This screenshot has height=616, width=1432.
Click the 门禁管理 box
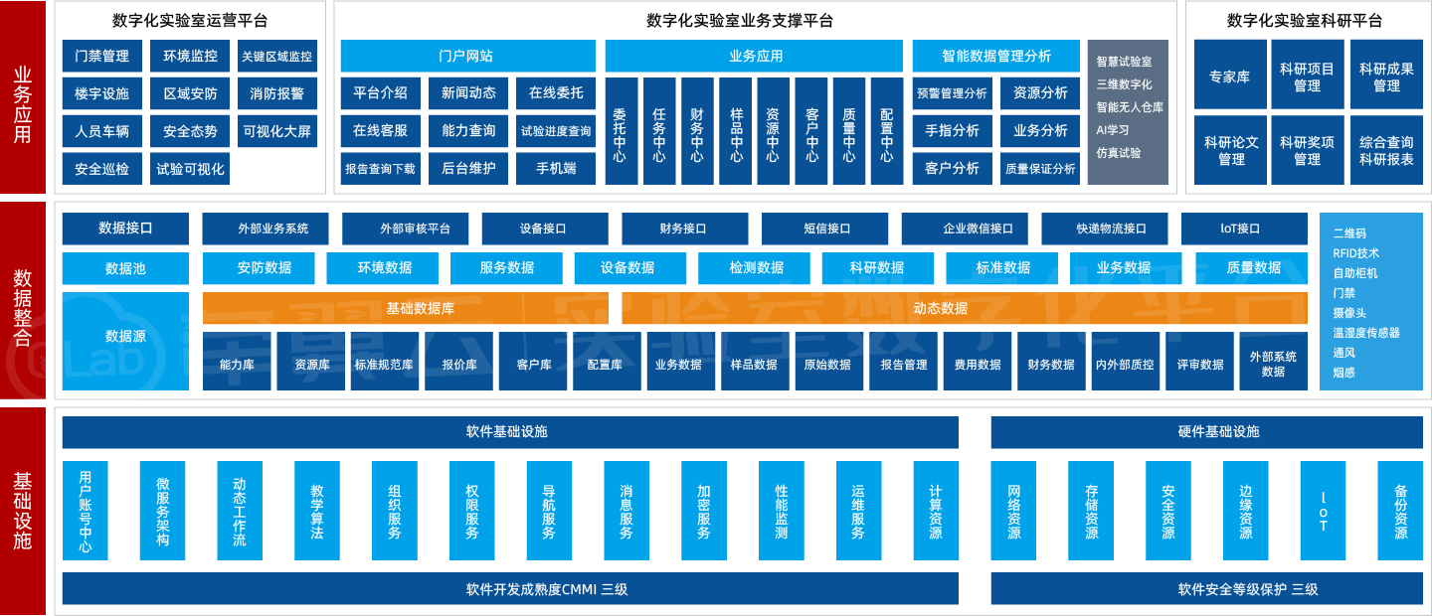[101, 57]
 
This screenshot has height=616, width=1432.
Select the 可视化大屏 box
[277, 131]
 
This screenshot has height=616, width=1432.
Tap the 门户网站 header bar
[467, 56]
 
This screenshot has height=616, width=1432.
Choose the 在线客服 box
[380, 130]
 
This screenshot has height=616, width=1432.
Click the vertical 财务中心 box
[696, 132]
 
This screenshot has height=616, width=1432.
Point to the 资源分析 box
[1040, 92]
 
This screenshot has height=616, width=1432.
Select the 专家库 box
[1230, 76]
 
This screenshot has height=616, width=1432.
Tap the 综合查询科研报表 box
[1385, 150]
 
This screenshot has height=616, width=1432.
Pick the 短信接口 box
[827, 229]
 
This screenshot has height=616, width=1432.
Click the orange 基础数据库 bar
[420, 308]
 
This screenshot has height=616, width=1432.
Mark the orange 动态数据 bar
[940, 308]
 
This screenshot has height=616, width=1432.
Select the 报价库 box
[458, 364]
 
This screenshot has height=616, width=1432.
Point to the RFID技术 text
[1356, 253]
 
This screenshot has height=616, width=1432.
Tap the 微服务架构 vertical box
[162, 511]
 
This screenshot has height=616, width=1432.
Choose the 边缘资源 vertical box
[1245, 511]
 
